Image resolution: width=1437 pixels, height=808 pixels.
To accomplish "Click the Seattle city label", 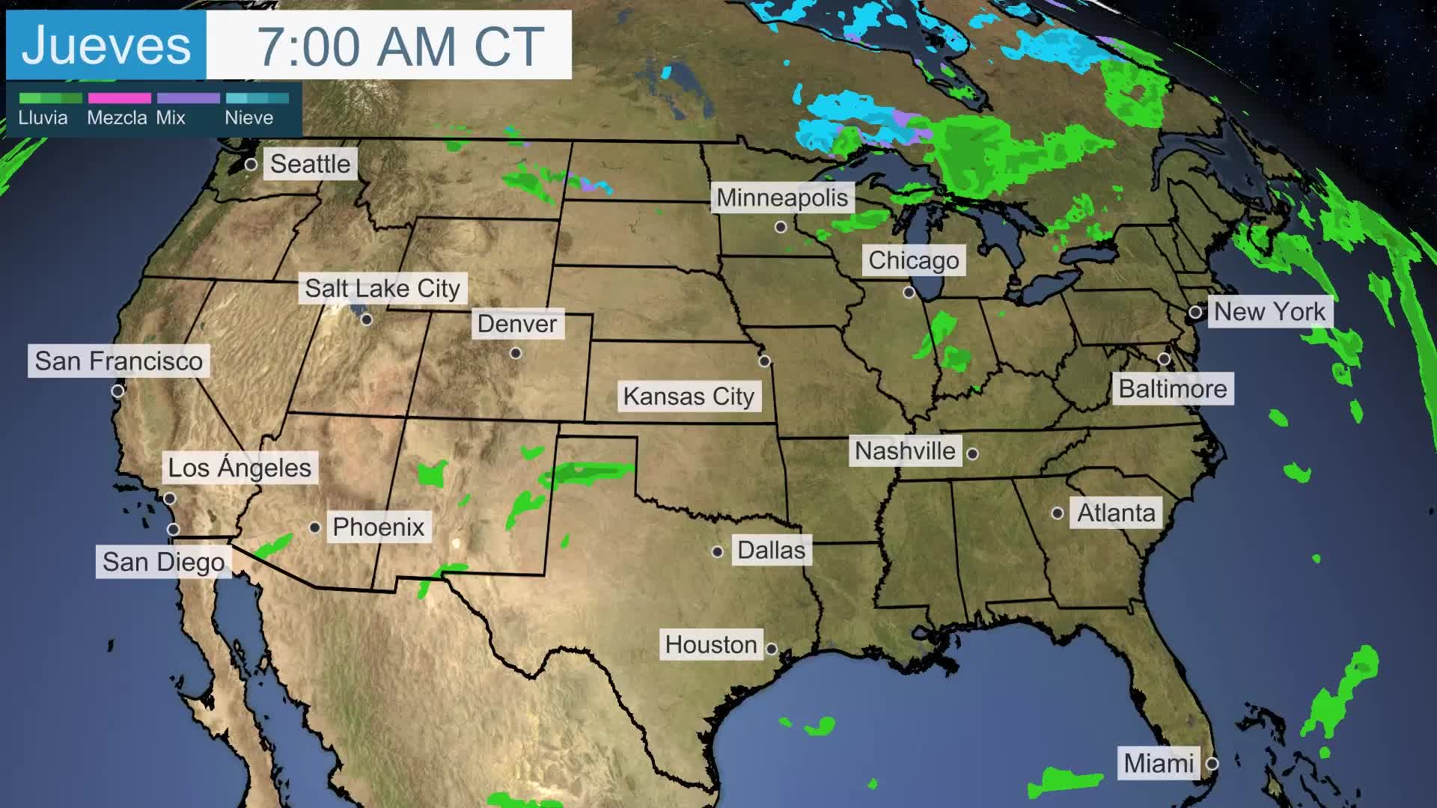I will click(x=310, y=164).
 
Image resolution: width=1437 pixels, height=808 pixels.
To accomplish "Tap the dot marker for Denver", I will click(x=516, y=353).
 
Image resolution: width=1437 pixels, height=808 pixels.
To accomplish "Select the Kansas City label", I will click(x=689, y=397).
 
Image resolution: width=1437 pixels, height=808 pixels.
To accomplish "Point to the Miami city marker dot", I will click(x=1212, y=764).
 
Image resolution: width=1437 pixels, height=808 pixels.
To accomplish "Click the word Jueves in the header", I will click(x=106, y=46).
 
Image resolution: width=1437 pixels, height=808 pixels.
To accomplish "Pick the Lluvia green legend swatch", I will click(x=50, y=98).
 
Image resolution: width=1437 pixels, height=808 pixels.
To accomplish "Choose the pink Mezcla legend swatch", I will click(x=119, y=98).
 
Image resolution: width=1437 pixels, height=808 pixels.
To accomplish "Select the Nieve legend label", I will click(x=248, y=118).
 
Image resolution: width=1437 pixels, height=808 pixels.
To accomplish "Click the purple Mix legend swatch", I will click(x=188, y=98).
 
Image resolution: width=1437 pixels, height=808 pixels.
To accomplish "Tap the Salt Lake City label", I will click(x=382, y=288).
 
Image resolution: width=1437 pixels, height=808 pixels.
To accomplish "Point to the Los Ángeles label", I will click(x=239, y=468).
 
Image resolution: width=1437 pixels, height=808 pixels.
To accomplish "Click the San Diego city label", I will click(x=163, y=562).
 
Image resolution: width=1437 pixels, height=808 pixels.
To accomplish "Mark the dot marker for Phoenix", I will click(x=315, y=527).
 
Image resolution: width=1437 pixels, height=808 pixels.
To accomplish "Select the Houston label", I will click(x=711, y=645).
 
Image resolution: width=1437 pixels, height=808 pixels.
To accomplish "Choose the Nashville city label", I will click(x=905, y=451).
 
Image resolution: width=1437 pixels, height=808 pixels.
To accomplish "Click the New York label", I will click(x=1269, y=311).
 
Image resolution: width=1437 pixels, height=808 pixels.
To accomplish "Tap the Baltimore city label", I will click(x=1173, y=389).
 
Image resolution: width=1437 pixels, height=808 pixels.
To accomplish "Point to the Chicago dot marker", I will click(x=909, y=293).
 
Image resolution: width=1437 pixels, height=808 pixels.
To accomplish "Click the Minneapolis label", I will click(x=782, y=198).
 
